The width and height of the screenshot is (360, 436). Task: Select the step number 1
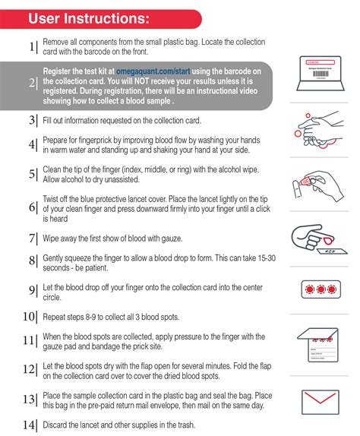[x=32, y=46]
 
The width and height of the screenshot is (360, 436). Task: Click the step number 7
[x=32, y=239]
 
